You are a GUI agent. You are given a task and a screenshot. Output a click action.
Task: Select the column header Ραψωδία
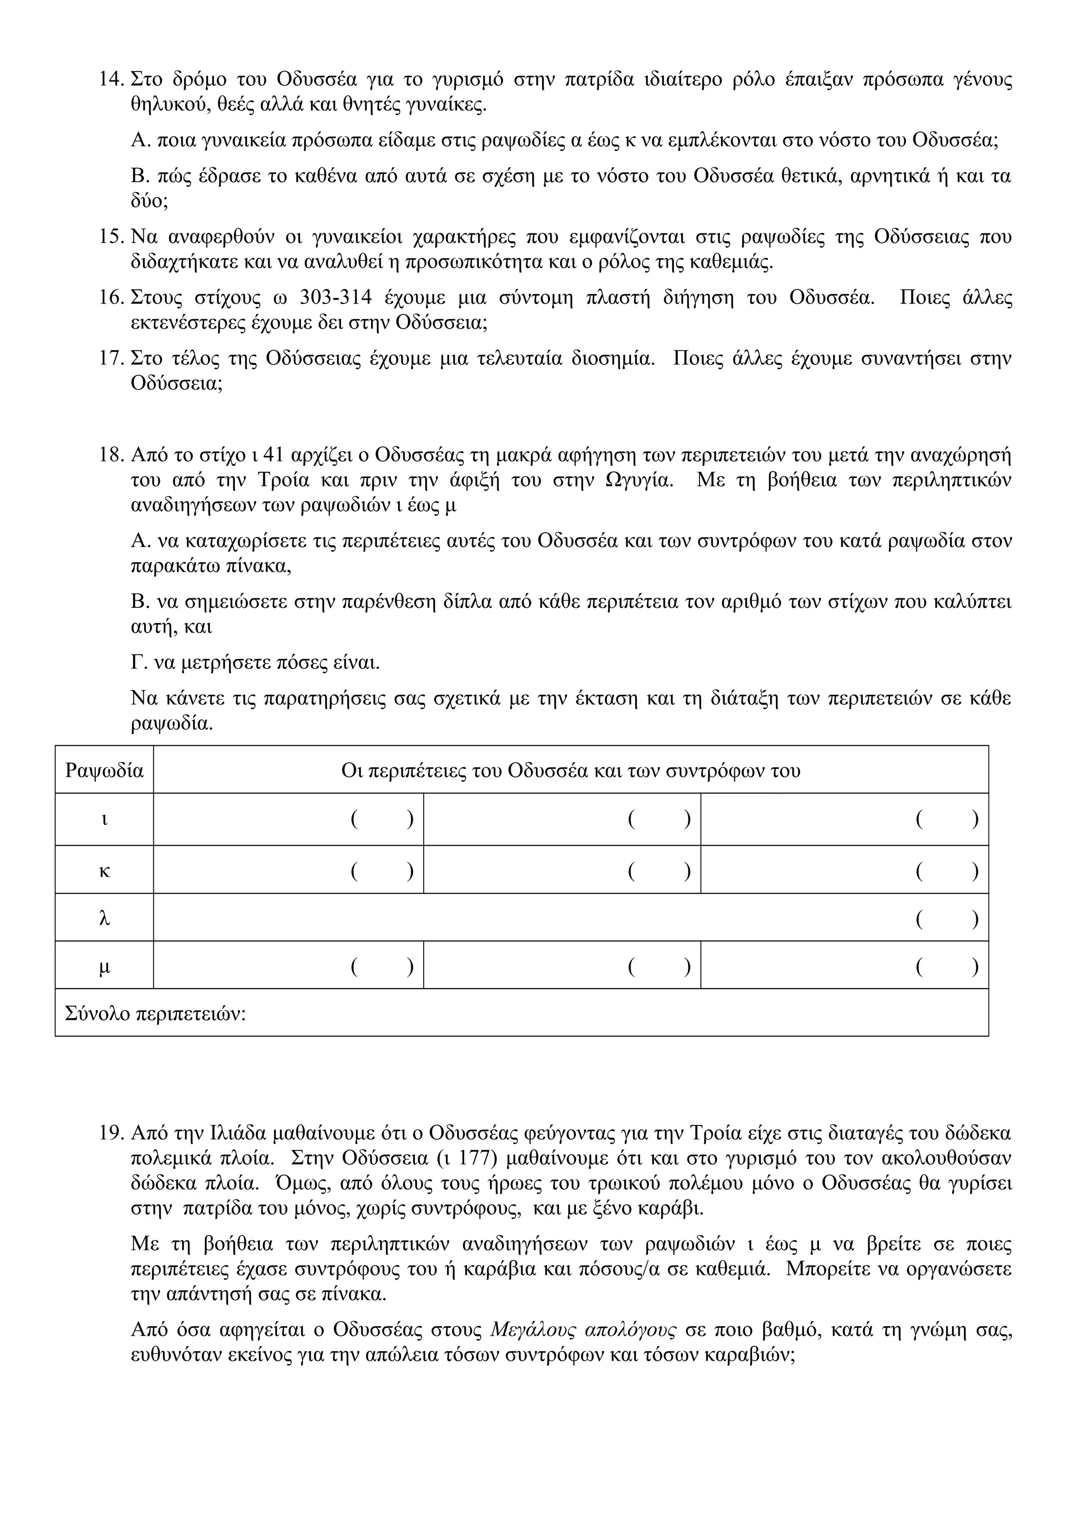click(x=104, y=770)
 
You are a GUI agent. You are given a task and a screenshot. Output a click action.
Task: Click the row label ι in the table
click(x=104, y=820)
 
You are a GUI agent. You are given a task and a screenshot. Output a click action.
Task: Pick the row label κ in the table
click(x=104, y=871)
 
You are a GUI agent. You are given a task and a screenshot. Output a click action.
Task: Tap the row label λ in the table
click(x=104, y=919)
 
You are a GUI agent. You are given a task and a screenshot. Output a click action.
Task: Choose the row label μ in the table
click(x=104, y=967)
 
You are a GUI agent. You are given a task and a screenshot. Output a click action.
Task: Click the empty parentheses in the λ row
click(x=947, y=919)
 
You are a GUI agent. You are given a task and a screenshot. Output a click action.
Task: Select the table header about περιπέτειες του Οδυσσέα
click(x=571, y=770)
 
